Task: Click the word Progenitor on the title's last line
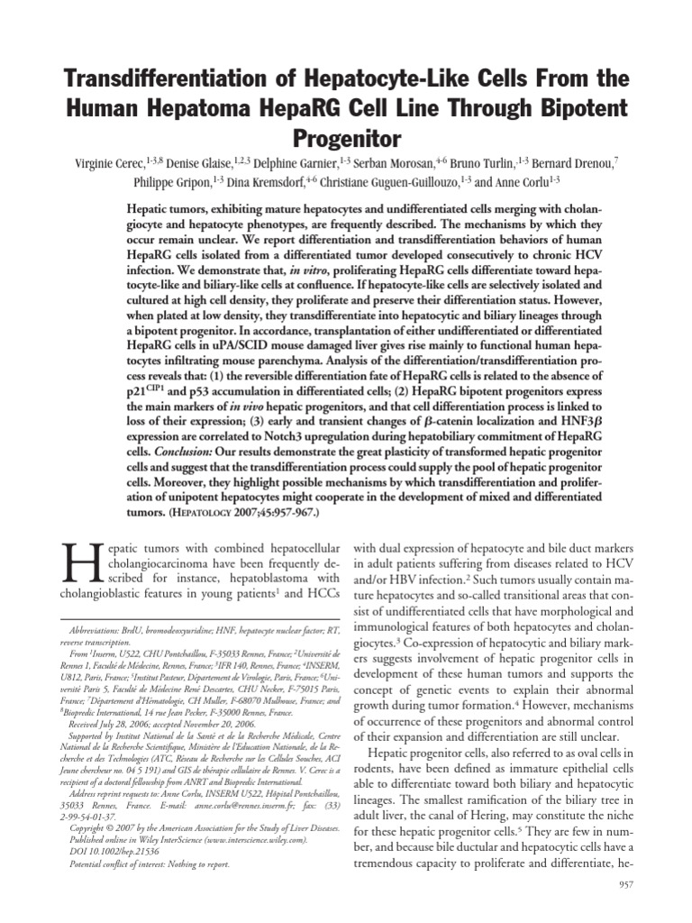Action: (x=345, y=139)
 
